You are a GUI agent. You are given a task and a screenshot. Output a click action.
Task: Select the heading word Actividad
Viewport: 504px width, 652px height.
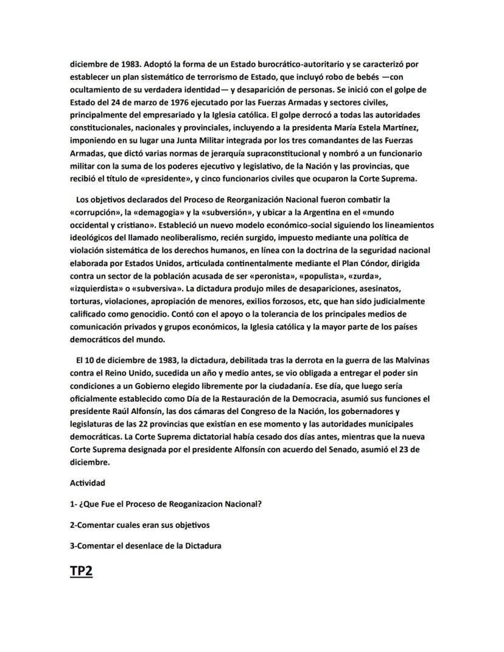[88, 483]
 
